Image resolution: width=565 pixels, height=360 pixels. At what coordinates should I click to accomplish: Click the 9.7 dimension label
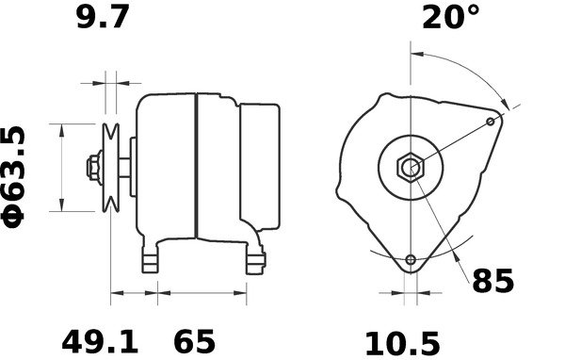click(103, 18)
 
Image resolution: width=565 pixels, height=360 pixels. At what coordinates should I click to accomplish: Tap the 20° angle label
click(451, 17)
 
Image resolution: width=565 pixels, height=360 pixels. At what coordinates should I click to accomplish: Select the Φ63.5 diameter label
click(14, 177)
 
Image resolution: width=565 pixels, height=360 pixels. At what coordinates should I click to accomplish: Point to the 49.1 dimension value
click(100, 341)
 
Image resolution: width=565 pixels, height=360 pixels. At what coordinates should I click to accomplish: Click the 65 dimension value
click(194, 341)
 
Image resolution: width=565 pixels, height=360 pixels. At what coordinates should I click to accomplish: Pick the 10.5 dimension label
click(402, 344)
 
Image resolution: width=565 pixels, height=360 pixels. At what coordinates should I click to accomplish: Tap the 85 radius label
click(492, 281)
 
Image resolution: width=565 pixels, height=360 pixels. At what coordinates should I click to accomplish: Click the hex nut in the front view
click(411, 168)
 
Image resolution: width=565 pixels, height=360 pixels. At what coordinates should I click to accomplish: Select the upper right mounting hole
click(491, 122)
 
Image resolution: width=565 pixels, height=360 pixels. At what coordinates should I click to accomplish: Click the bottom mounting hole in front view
click(411, 259)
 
